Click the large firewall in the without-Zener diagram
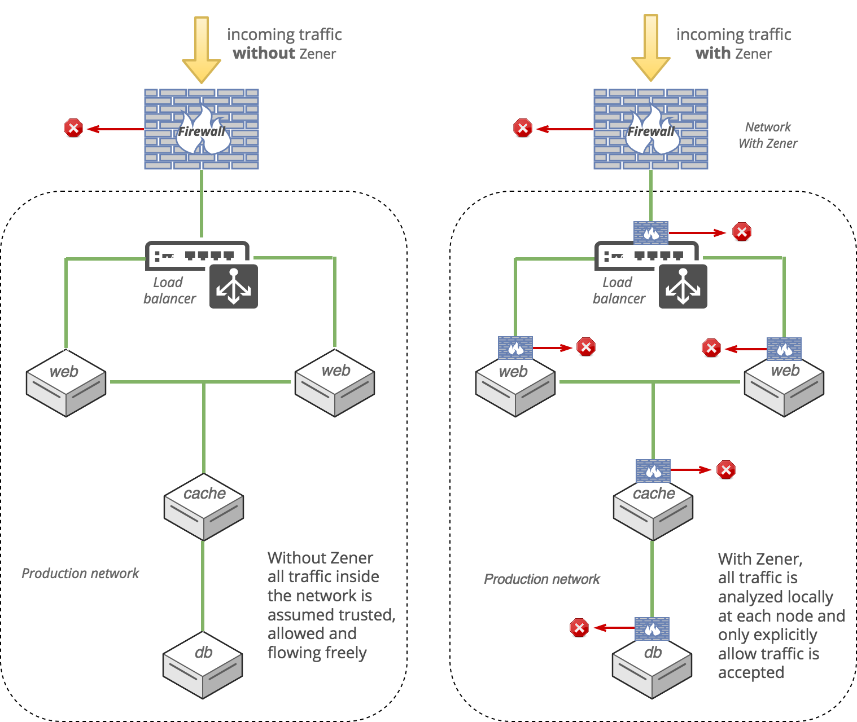point(202,129)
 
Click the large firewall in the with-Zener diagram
point(651,129)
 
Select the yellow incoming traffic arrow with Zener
point(650,49)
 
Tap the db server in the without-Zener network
point(203,665)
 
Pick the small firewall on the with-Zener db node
point(652,628)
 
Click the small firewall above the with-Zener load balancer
point(651,232)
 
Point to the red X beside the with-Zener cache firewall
point(726,470)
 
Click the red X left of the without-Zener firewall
point(73,128)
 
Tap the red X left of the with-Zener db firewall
point(579,627)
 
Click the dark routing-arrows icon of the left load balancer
point(234,287)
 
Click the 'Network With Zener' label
point(768,135)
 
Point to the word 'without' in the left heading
point(264,54)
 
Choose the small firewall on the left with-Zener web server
point(515,348)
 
